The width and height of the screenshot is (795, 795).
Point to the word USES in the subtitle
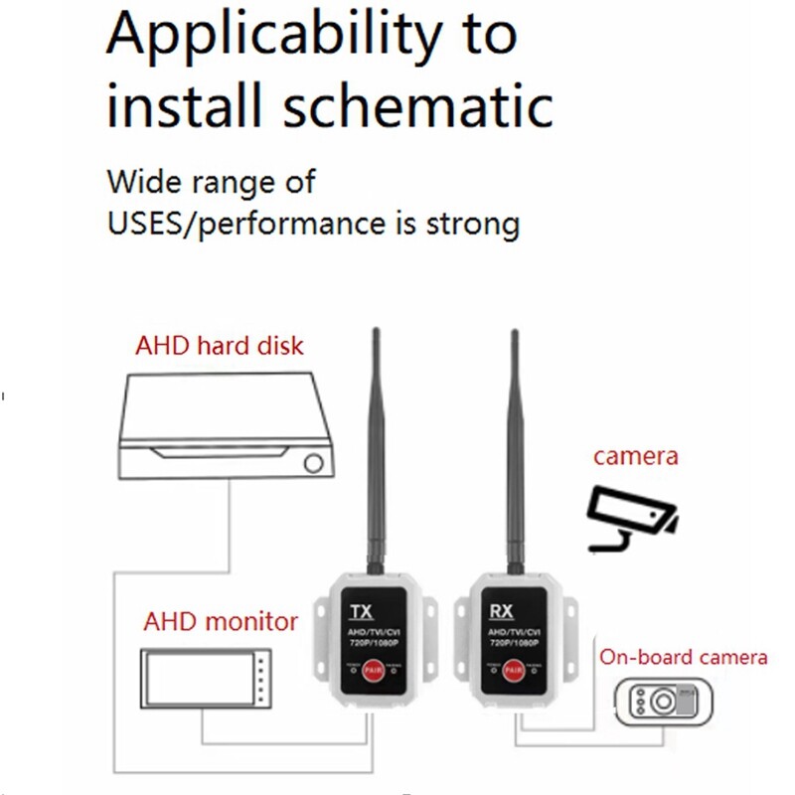pyautogui.click(x=146, y=223)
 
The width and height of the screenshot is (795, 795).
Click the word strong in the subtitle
pyautogui.click(x=469, y=223)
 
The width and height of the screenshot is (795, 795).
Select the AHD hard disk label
pyautogui.click(x=219, y=347)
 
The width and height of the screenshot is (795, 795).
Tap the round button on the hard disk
pyautogui.click(x=315, y=463)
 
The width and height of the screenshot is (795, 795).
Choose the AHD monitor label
pyautogui.click(x=221, y=622)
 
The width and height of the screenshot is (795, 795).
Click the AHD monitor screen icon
pyautogui.click(x=205, y=678)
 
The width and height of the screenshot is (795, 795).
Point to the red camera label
pyautogui.click(x=636, y=457)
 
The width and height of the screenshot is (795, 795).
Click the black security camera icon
pyautogui.click(x=630, y=517)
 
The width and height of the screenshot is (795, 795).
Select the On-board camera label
pyautogui.click(x=683, y=657)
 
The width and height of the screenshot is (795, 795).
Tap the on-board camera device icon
pyautogui.click(x=664, y=700)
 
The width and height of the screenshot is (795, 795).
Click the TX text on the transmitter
pyautogui.click(x=363, y=610)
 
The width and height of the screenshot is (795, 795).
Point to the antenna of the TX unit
pyautogui.click(x=376, y=447)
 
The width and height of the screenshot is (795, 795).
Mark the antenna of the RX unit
pyautogui.click(x=515, y=447)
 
